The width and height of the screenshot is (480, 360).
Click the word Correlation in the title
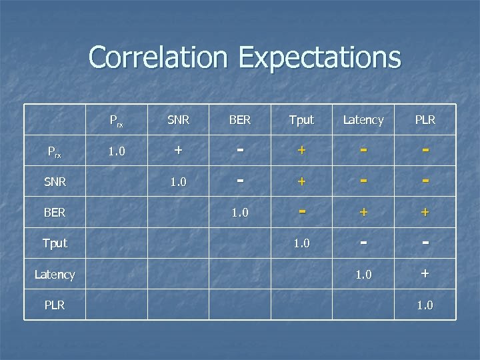pos(159,57)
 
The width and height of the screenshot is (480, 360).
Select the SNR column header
pos(178,120)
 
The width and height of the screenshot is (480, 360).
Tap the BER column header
pos(240,120)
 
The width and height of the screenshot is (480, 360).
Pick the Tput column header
pos(301,120)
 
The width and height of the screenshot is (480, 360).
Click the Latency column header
pos(363,120)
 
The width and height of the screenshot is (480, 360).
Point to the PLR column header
pos(425,120)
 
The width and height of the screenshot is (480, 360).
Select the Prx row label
pos(55,151)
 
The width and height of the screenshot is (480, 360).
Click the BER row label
pos(55,213)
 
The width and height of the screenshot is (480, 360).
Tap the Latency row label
pos(55,274)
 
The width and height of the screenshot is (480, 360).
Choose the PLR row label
pos(55,305)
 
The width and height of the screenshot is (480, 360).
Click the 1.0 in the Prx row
pos(117,151)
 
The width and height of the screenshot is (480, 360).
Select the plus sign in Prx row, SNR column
pos(178,151)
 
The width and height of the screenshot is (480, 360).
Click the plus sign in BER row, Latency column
pos(363,212)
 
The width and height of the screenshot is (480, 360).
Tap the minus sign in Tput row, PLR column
pos(425,242)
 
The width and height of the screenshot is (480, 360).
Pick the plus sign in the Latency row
pos(425,273)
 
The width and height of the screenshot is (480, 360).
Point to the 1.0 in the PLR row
pos(425,305)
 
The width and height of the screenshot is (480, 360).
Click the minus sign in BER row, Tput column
pos(301,211)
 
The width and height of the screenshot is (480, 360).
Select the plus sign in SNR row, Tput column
pos(301,181)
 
